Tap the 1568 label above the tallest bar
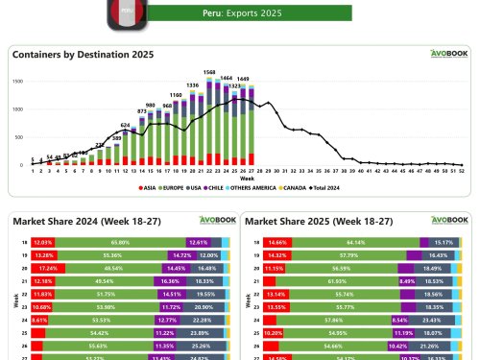208,72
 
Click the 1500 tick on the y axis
18,82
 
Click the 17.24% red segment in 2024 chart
43,270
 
